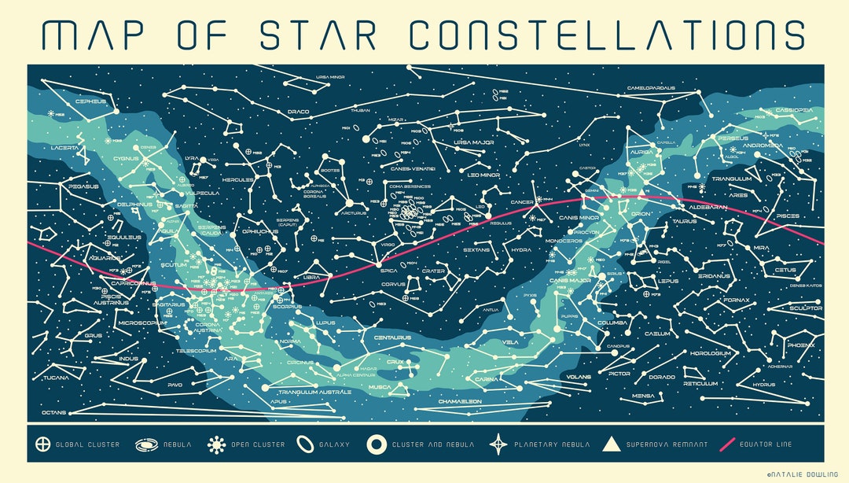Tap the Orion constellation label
click(641, 213)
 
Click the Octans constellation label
click(54, 412)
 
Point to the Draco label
click(299, 112)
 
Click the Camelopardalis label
click(651, 88)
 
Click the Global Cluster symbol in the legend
click(42, 444)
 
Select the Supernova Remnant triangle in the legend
click(611, 444)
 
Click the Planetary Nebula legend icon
click(498, 444)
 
